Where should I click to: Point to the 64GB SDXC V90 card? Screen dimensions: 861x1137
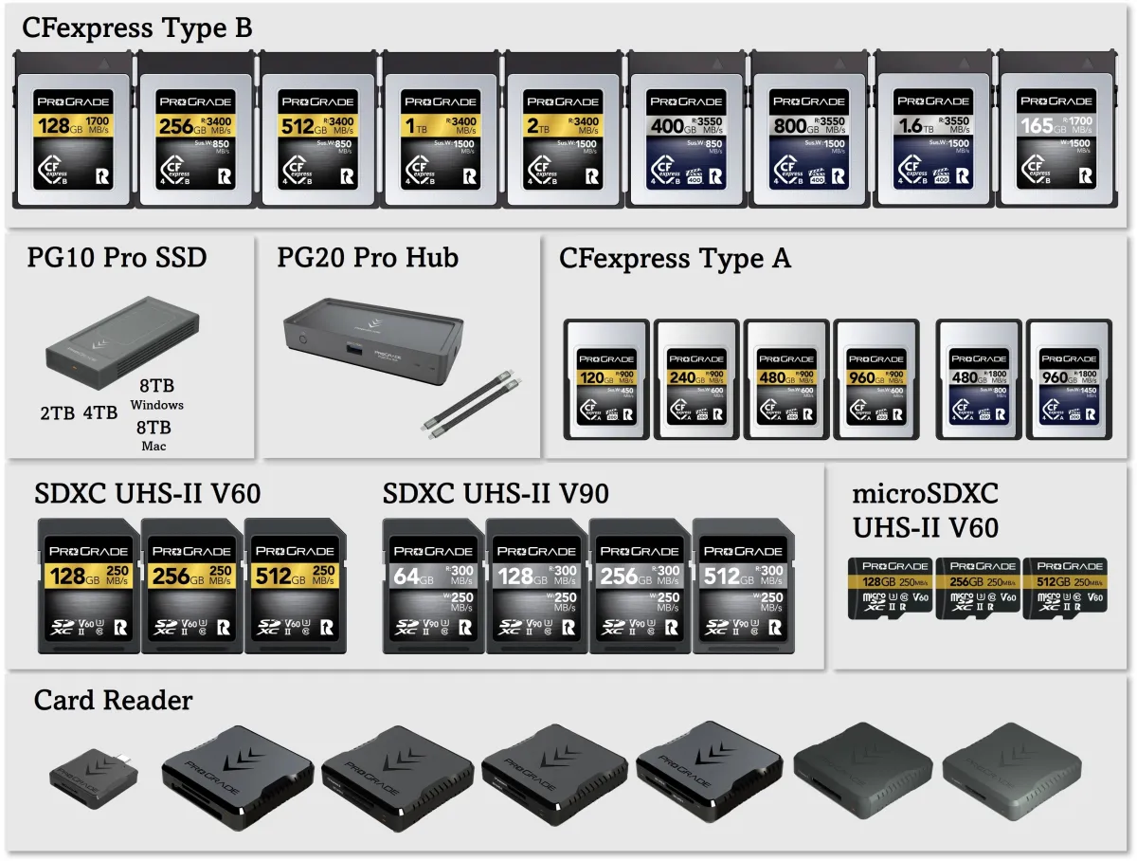pos(434,586)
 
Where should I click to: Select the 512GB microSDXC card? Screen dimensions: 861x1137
pos(1067,587)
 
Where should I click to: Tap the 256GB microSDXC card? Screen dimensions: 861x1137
pos(978,587)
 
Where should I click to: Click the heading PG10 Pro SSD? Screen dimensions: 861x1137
pos(117,257)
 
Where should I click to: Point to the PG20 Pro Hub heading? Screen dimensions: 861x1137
pos(368,257)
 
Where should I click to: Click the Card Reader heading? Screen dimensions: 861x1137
pos(113,701)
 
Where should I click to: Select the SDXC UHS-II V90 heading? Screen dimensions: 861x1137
pos(496,494)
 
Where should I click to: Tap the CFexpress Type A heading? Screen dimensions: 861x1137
pos(675,258)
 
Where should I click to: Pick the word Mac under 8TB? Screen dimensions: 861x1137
pos(153,446)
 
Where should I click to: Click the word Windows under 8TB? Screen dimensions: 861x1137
pos(157,405)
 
